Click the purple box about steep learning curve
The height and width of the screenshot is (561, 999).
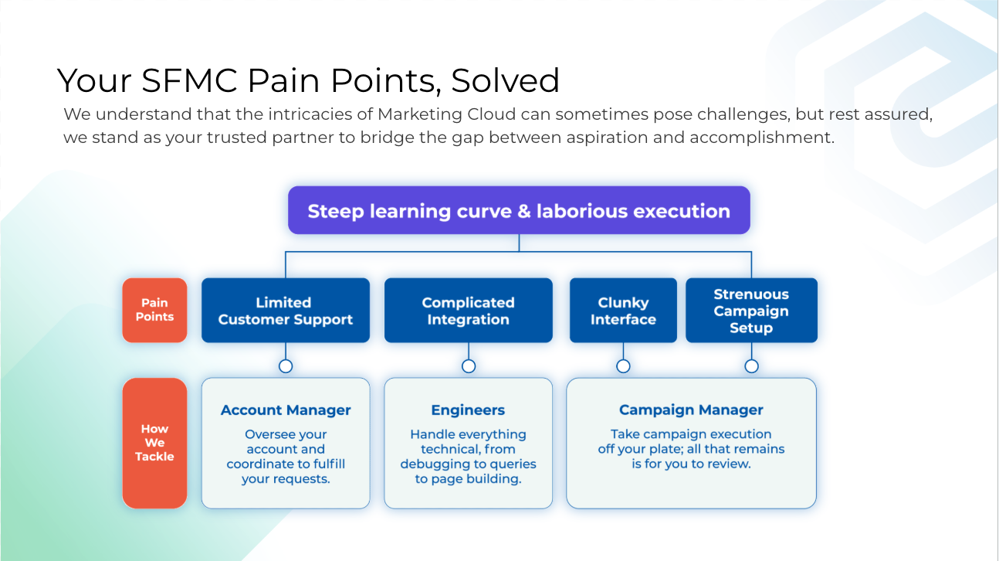519,211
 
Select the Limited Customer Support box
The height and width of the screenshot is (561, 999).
286,311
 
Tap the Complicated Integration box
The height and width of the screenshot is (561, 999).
468,311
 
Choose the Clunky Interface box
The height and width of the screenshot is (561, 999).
623,311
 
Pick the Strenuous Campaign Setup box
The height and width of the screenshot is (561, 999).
751,311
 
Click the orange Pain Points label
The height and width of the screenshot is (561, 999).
154,310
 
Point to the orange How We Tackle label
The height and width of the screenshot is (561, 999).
154,443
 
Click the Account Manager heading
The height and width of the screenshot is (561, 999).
286,410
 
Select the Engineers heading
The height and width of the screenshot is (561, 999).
468,410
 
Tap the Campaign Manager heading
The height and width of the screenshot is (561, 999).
691,410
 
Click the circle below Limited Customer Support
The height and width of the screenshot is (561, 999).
286,365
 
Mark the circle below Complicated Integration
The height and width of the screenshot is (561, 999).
468,365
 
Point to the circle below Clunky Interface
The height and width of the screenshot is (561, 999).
623,365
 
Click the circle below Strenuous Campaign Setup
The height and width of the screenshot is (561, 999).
751,365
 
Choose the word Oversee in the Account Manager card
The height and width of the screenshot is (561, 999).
267,434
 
